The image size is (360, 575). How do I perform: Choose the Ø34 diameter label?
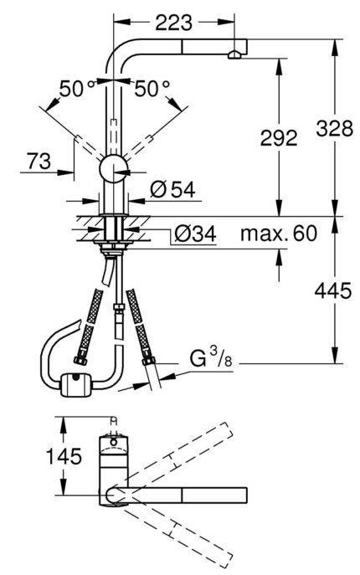[193, 235]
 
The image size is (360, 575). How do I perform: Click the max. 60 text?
[279, 234]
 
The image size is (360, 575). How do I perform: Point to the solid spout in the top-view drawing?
[184, 495]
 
